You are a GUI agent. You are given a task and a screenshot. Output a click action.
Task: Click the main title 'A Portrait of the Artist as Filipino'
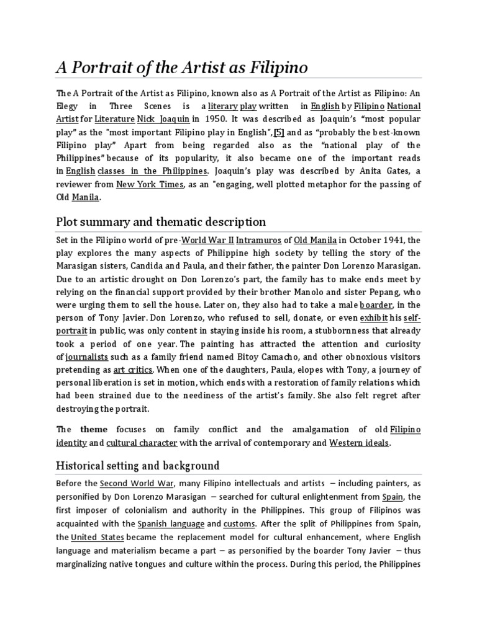(182, 67)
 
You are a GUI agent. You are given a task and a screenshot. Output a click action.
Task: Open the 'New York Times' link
(150, 184)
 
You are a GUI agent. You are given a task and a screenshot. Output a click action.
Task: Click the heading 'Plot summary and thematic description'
(161, 221)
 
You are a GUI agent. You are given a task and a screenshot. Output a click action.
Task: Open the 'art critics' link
(132, 370)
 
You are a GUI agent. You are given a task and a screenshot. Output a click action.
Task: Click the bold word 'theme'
(94, 429)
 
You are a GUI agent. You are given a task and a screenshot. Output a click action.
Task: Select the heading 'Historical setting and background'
(138, 465)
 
